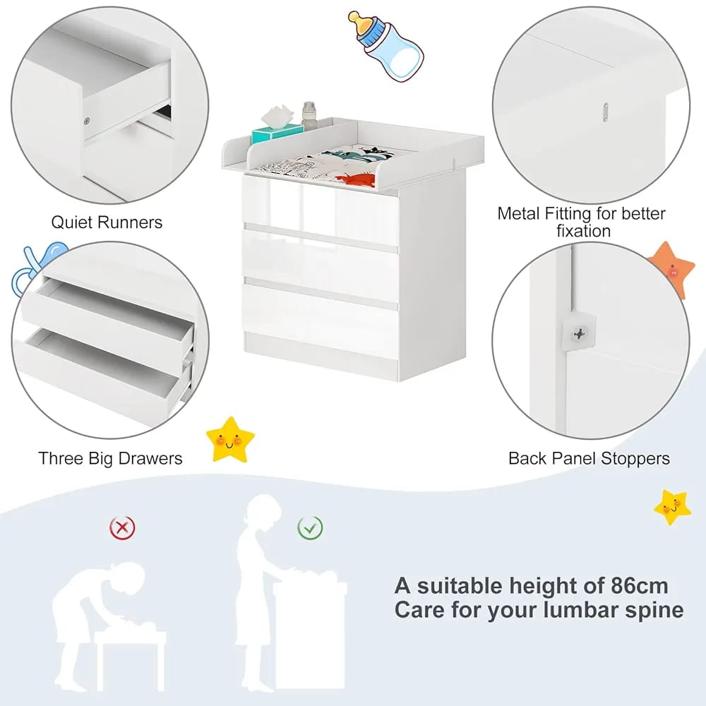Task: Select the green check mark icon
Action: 310,526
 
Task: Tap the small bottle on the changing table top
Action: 308,116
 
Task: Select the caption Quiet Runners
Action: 107,222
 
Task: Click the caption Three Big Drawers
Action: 110,458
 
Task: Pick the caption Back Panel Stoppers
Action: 589,458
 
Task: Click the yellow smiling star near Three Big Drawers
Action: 230,438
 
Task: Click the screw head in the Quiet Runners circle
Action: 87,121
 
